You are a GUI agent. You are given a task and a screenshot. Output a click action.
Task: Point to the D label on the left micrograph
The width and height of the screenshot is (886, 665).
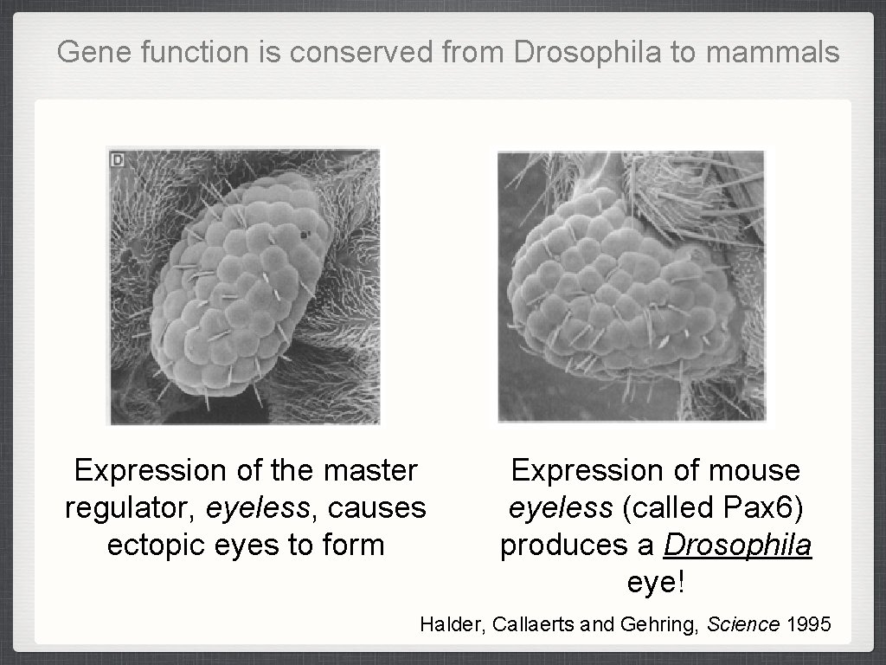coord(116,158)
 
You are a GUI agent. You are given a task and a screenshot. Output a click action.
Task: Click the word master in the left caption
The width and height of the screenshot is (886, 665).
coord(369,471)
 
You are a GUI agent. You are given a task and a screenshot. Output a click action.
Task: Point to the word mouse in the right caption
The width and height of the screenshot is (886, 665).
coord(754,471)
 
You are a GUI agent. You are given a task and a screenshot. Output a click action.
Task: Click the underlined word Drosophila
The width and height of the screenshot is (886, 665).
coord(737,546)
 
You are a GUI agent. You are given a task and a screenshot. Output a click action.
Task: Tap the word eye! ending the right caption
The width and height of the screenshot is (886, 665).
coord(656,583)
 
